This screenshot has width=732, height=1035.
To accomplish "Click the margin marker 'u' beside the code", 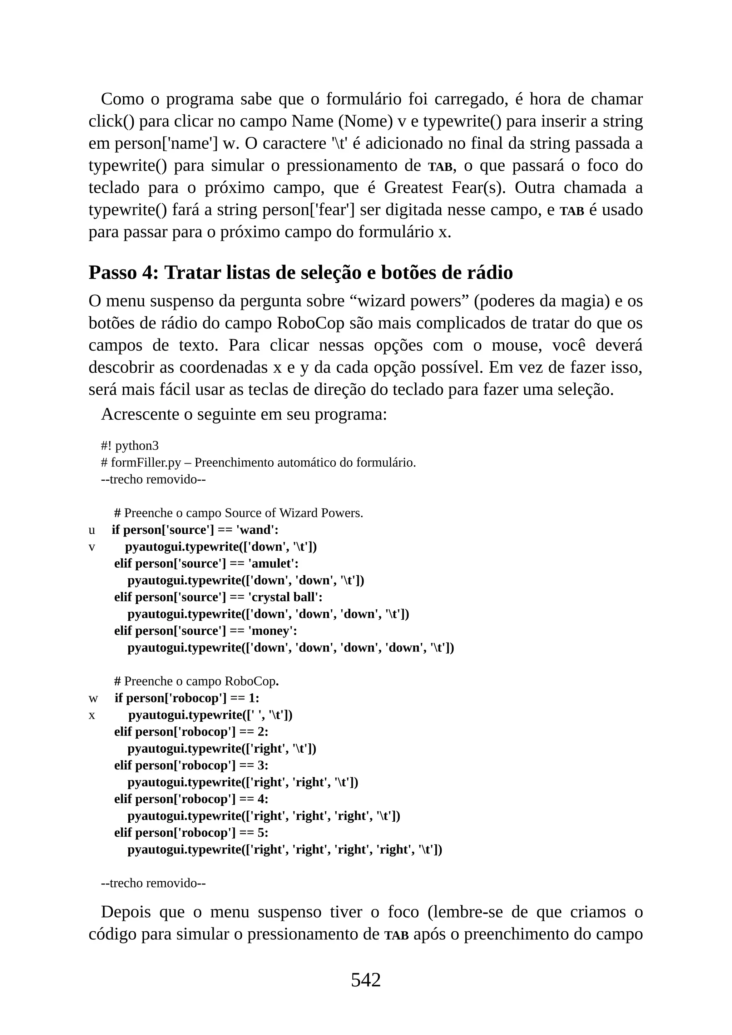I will click(x=91, y=530).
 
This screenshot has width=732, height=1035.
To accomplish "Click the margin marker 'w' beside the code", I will click(x=93, y=698).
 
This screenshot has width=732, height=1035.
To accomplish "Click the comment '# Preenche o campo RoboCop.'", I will click(x=197, y=681).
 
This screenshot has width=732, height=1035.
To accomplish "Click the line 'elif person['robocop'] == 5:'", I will click(x=191, y=833).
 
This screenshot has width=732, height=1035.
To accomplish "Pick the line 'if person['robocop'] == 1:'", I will click(x=187, y=698).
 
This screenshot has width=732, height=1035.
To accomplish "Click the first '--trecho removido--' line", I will click(x=153, y=479).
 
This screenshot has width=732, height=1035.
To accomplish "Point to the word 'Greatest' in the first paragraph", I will click(x=413, y=188).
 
